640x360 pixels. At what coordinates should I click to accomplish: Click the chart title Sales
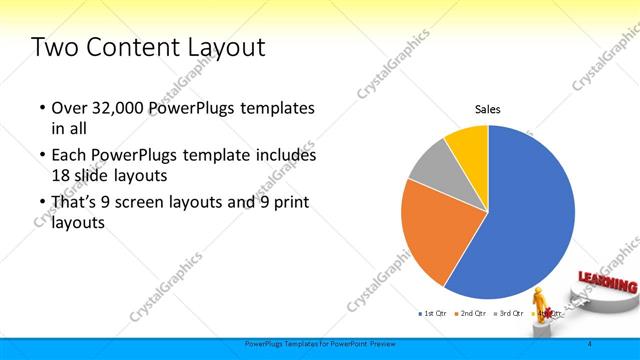tap(487, 110)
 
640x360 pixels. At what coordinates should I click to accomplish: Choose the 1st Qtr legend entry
tap(432, 314)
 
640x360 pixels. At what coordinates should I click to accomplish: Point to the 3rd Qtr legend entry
tap(509, 314)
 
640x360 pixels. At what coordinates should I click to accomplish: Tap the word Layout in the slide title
tap(228, 47)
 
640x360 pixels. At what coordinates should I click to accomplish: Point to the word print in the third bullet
tap(287, 202)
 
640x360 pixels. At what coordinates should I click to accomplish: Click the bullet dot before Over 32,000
tap(41, 108)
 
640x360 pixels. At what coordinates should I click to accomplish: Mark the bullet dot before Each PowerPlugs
tap(41, 156)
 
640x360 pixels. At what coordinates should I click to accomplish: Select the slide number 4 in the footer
tap(589, 344)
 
